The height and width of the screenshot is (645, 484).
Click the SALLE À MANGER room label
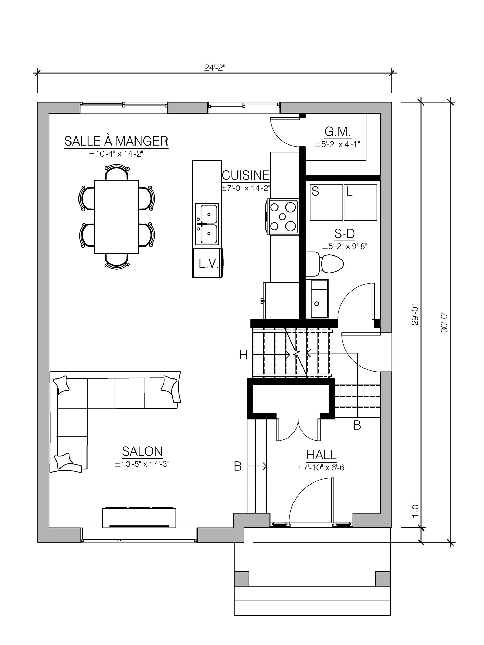[x=116, y=141]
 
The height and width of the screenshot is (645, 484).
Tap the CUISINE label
[x=246, y=175]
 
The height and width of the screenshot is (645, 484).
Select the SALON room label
[x=142, y=451]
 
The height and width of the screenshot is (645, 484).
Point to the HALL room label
[x=321, y=455]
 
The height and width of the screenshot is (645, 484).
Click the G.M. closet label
[x=338, y=132]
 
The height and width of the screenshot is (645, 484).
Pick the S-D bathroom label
[x=345, y=233]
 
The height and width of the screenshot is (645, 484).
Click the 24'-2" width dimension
[x=215, y=68]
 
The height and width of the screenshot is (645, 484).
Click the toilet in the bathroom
[x=324, y=264]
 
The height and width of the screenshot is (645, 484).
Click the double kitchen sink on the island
[x=207, y=224]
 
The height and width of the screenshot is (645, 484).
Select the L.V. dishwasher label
[x=208, y=264]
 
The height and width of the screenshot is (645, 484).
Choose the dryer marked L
[x=360, y=202]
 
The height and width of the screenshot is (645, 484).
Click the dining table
[x=116, y=217]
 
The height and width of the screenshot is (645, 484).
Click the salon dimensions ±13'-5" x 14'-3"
[x=142, y=464]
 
